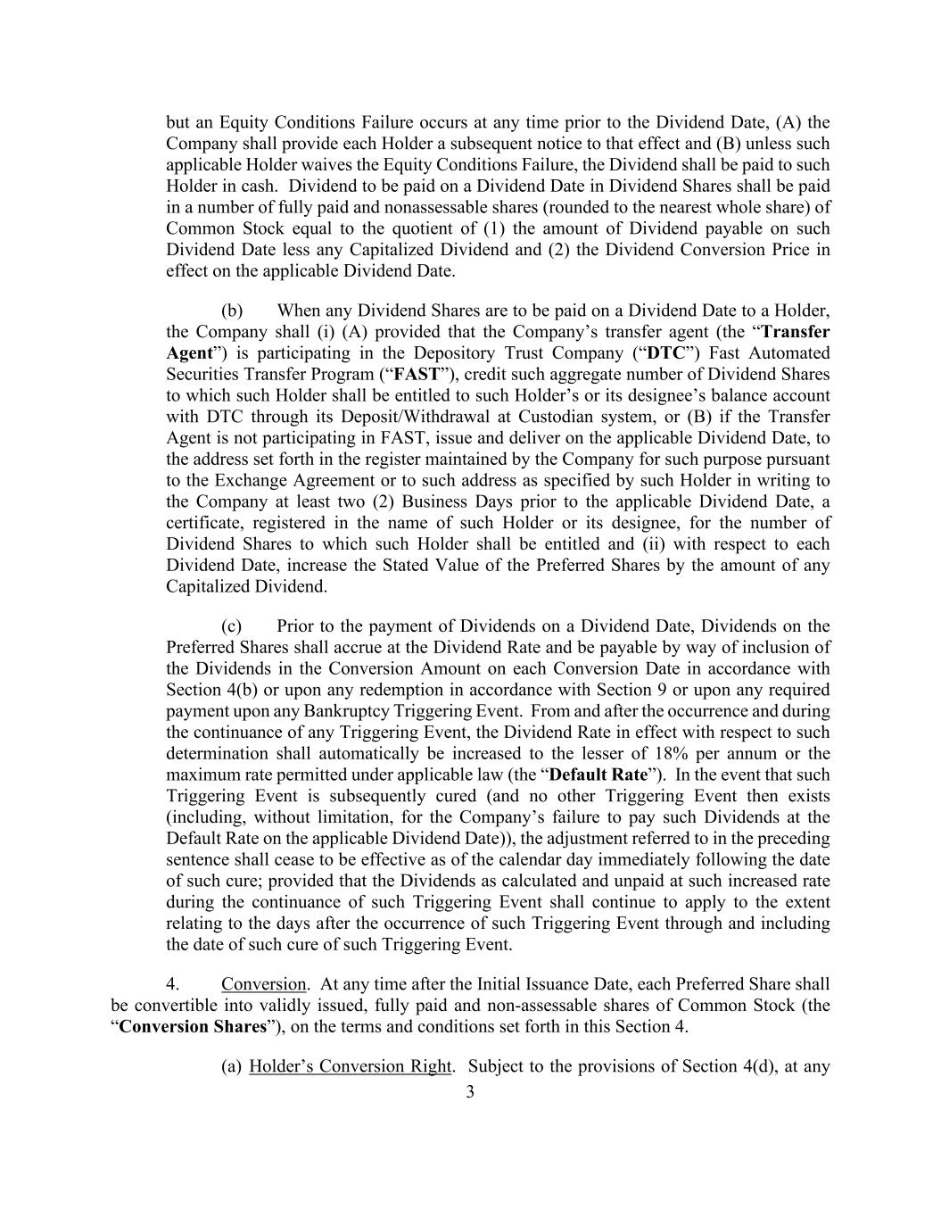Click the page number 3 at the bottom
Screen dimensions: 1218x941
[470, 1093]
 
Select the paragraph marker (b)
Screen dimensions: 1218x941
[232, 311]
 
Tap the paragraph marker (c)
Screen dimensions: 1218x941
[232, 626]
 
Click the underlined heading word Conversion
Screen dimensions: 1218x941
[263, 984]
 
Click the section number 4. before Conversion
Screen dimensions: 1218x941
[173, 984]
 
